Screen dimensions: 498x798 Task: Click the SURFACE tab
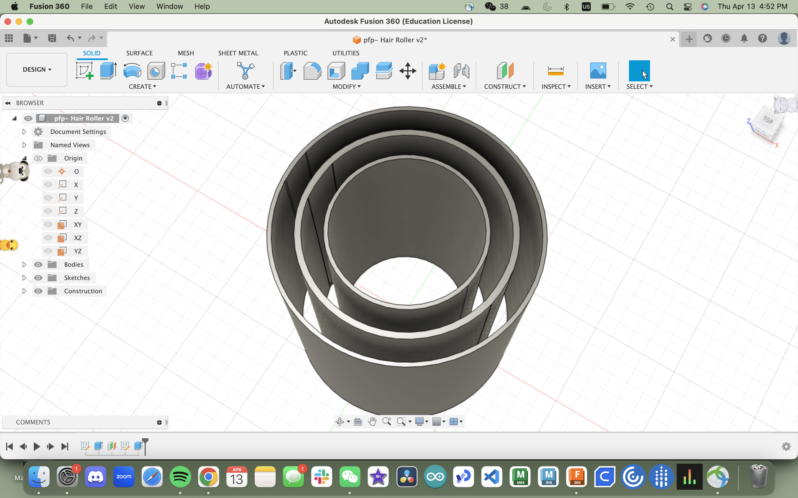139,53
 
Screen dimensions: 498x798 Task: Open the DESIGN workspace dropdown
37,69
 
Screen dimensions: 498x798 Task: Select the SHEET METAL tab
238,53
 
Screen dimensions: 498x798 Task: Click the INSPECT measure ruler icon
555,71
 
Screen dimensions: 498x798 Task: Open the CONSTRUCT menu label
505,87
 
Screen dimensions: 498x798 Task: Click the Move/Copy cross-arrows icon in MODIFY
408,71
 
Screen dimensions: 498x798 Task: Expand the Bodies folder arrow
24,264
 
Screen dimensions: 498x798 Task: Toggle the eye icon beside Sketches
38,278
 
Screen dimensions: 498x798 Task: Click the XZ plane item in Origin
78,238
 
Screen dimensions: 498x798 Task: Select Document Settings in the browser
78,132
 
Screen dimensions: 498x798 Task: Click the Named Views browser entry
70,145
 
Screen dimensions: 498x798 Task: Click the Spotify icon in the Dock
180,477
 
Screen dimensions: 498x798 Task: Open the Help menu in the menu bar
202,7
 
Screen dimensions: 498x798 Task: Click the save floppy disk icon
52,38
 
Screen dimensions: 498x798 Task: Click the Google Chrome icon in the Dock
208,477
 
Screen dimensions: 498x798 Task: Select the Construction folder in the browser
83,291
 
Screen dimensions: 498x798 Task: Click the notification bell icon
744,39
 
